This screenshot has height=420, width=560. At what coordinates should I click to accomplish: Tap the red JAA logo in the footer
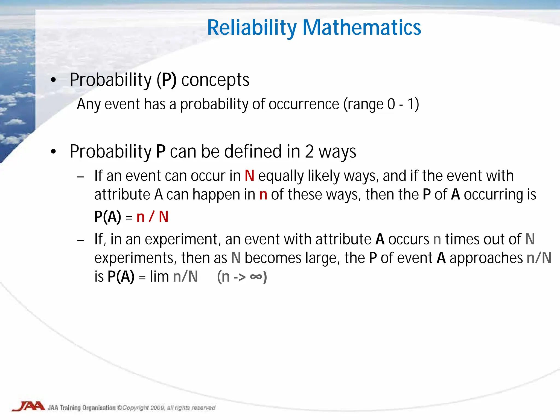click(28, 406)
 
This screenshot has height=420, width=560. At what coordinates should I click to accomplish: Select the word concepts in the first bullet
click(215, 80)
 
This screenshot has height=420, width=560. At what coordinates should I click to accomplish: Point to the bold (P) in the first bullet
click(167, 80)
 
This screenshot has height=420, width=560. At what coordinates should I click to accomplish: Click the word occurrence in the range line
click(304, 104)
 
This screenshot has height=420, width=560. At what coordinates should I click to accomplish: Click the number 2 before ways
click(309, 151)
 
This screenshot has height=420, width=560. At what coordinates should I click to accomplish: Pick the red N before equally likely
click(249, 176)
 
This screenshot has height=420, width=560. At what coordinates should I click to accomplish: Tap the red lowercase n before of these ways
click(263, 195)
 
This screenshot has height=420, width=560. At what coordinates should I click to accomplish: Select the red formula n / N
click(152, 217)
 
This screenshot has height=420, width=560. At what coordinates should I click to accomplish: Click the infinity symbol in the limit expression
click(256, 277)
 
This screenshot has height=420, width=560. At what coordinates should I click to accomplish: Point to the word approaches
click(486, 258)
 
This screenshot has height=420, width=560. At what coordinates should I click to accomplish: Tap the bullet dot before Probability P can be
click(53, 151)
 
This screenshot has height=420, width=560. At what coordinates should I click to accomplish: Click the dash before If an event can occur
click(81, 177)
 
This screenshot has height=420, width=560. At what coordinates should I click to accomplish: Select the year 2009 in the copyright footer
click(157, 408)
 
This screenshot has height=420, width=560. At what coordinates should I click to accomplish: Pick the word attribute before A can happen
click(122, 195)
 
